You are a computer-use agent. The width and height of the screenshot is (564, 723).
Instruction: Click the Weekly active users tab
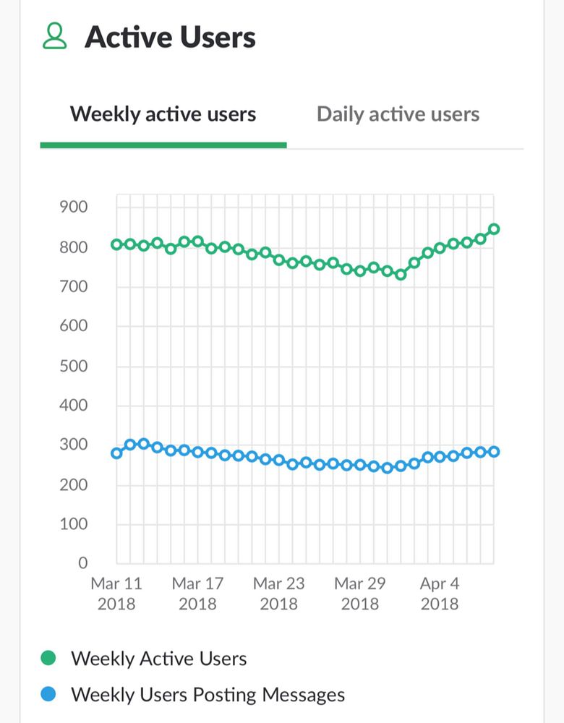coord(163,114)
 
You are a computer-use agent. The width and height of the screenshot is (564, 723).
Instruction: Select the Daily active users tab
coord(398,114)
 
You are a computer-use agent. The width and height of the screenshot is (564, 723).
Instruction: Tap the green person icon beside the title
coord(54,37)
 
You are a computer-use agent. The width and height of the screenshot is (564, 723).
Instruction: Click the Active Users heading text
coord(170,37)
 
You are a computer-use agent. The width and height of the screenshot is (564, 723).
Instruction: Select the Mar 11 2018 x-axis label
coord(116,593)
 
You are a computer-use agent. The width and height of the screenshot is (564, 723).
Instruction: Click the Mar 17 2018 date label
coord(197,593)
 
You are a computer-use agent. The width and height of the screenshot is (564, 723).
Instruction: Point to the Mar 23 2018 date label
coord(278,593)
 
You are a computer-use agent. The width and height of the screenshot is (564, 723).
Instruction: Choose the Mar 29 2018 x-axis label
coord(359,593)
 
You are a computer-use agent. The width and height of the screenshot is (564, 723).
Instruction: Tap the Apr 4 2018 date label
coord(440,593)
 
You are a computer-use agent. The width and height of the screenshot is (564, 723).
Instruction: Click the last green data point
coord(494,229)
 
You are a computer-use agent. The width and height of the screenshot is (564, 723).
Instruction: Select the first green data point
coord(116,244)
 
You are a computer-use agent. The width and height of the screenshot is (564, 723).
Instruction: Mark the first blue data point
coord(116,453)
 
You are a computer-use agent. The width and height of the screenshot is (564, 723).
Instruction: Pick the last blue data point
coord(494,452)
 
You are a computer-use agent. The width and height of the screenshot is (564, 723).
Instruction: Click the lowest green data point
coord(401,275)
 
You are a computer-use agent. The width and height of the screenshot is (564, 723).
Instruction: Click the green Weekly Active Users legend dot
coord(48,659)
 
